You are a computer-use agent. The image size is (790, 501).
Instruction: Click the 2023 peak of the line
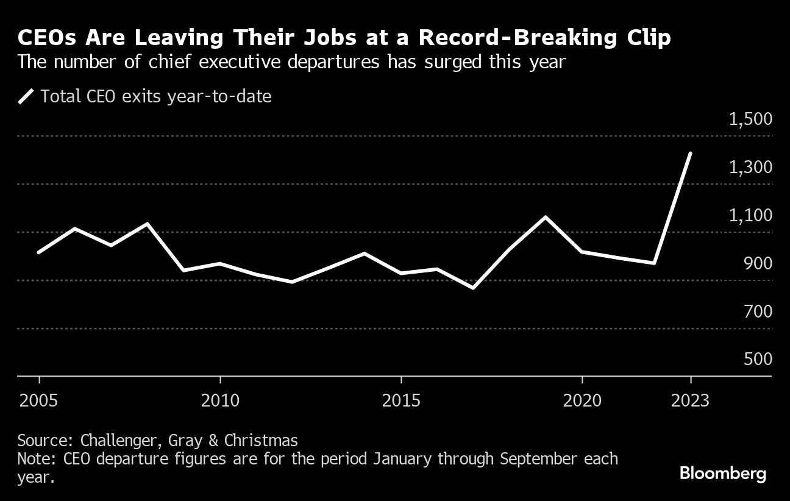tap(690, 153)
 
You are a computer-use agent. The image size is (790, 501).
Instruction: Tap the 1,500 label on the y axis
tap(750, 119)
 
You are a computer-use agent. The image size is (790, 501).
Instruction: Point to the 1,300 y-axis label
tap(750, 167)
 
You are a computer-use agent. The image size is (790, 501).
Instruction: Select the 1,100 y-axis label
tap(750, 215)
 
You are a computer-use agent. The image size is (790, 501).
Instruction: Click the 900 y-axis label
tap(758, 263)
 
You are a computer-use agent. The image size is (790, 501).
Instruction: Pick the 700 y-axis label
tap(758, 311)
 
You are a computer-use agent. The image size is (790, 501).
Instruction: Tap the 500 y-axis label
tap(758, 359)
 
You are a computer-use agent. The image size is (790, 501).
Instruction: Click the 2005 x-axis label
tap(39, 400)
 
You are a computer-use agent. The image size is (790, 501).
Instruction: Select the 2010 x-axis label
tap(220, 400)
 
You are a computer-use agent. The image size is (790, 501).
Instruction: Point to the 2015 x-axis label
tap(400, 400)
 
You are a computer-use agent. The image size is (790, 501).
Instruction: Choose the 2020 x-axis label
tap(582, 400)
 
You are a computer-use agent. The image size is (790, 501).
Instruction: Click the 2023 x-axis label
tap(690, 400)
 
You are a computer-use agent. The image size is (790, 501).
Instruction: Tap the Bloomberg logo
tap(722, 474)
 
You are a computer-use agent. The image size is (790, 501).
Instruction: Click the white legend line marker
tap(26, 96)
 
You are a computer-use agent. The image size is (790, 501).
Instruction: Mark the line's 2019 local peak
tap(546, 217)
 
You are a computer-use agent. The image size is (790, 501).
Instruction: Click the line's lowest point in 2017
tap(473, 288)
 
